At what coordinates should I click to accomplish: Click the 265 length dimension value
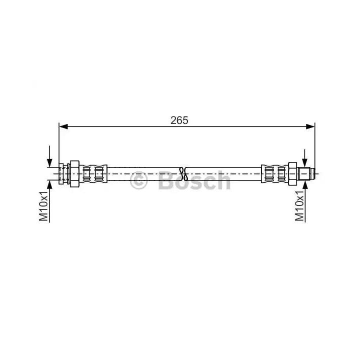(x=179, y=120)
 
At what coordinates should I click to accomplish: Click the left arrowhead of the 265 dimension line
(x=63, y=126)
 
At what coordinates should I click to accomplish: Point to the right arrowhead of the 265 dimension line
(x=310, y=126)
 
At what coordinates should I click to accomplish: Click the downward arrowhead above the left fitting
(x=49, y=163)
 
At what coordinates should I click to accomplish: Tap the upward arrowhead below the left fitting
(x=49, y=184)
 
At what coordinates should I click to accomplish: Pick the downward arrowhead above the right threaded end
(x=304, y=163)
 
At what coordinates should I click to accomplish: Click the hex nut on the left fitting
(x=74, y=174)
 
